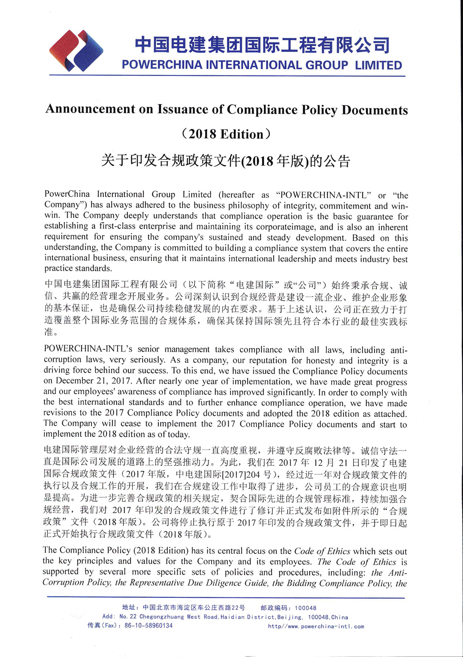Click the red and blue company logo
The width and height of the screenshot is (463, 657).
click(x=76, y=51)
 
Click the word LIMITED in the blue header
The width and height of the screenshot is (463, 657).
click(x=378, y=66)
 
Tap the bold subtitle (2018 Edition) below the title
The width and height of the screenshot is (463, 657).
click(x=226, y=134)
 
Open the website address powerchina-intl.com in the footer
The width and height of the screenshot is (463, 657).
click(x=316, y=626)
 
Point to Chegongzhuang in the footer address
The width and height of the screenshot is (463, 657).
click(x=162, y=617)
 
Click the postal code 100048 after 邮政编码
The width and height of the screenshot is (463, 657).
click(x=306, y=608)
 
